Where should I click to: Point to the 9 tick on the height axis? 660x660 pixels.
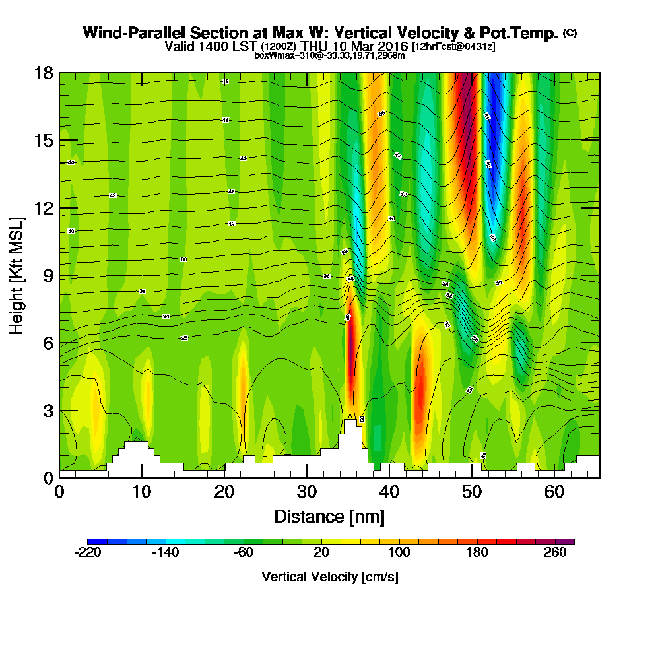59,275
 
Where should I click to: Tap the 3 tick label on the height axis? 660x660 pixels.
48,411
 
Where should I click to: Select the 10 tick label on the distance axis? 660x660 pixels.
142,492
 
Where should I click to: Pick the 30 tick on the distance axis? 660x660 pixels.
307,477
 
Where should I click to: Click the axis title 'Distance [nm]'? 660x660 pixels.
329,516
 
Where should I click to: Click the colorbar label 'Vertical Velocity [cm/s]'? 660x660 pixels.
330,577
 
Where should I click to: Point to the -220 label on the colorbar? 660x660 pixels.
88,553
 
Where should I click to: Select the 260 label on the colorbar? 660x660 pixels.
555,553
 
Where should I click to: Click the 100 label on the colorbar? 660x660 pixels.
399,553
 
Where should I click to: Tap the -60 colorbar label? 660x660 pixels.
244,553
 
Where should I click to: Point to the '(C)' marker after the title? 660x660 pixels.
569,33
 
